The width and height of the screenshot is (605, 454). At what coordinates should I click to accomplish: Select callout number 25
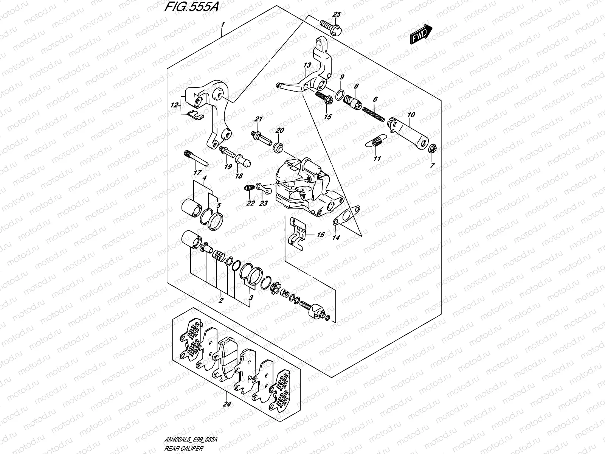pyautogui.click(x=336, y=14)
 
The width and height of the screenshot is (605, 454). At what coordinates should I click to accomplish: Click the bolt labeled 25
pyautogui.click(x=331, y=26)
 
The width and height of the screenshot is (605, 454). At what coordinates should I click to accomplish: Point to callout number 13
pyautogui.click(x=307, y=65)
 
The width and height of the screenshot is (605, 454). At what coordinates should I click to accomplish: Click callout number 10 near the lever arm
pyautogui.click(x=411, y=114)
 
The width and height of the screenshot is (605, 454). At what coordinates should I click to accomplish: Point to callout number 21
pyautogui.click(x=258, y=120)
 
